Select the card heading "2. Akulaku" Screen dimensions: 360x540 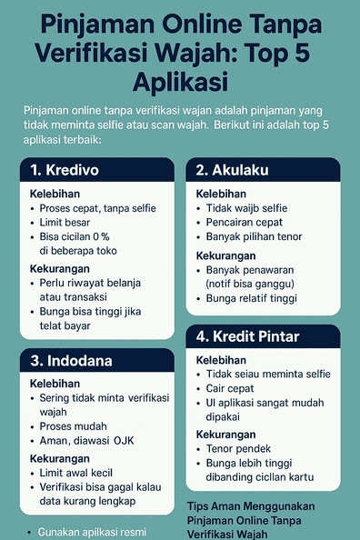pos(232,171)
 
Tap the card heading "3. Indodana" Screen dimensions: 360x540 pos(72,361)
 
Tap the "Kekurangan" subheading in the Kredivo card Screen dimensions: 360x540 pos(60,270)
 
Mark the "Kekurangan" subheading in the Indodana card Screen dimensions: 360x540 pos(60,458)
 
